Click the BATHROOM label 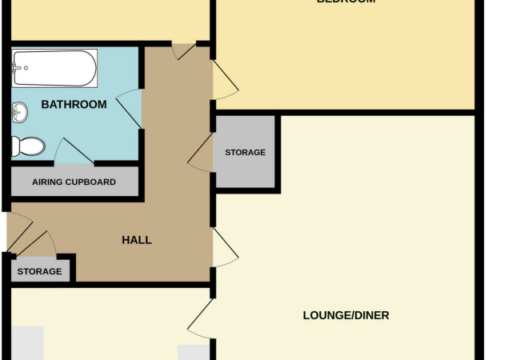(x=74, y=105)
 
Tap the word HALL (x=136, y=240)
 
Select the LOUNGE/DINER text (x=346, y=315)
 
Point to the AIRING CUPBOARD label (x=74, y=182)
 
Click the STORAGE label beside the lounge (x=245, y=152)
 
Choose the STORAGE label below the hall (x=39, y=271)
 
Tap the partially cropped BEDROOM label (x=346, y=2)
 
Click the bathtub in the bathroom (x=54, y=69)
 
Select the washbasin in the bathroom (x=19, y=114)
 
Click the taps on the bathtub (x=18, y=69)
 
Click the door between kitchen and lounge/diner (x=202, y=320)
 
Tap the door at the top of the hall (x=186, y=50)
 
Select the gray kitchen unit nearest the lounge (x=192, y=353)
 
